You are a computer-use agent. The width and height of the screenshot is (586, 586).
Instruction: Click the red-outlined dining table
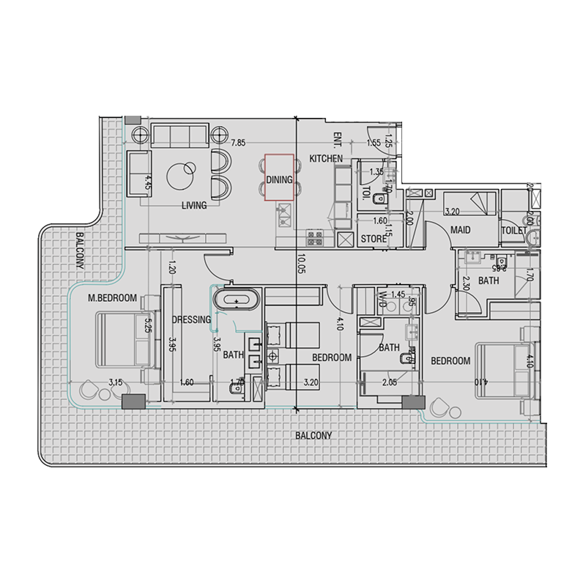click(x=278, y=177)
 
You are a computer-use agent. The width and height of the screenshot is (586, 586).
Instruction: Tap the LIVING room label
click(x=194, y=206)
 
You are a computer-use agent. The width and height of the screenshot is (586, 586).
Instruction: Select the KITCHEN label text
click(x=326, y=159)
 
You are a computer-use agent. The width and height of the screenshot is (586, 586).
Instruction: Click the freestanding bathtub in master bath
click(x=237, y=300)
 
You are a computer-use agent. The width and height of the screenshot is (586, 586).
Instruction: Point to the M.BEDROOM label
click(x=113, y=297)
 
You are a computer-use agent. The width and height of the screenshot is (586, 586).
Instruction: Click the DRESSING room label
click(x=191, y=319)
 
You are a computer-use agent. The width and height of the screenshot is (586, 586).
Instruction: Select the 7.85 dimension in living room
click(x=238, y=144)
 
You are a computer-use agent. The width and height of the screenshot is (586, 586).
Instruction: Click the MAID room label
click(x=460, y=230)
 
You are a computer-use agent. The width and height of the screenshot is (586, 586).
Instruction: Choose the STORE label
click(x=374, y=239)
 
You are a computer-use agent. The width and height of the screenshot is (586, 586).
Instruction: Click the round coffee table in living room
click(x=181, y=175)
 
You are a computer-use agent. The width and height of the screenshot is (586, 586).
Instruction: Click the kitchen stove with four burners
click(x=315, y=237)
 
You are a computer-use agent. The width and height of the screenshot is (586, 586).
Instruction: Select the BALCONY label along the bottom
click(x=314, y=435)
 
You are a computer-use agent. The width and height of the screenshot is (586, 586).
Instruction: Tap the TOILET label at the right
click(x=513, y=230)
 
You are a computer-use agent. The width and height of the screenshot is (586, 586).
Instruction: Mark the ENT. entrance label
click(x=338, y=138)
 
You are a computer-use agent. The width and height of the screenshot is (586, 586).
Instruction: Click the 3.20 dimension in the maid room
click(x=453, y=213)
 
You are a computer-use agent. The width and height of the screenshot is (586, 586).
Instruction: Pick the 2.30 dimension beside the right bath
click(x=466, y=283)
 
